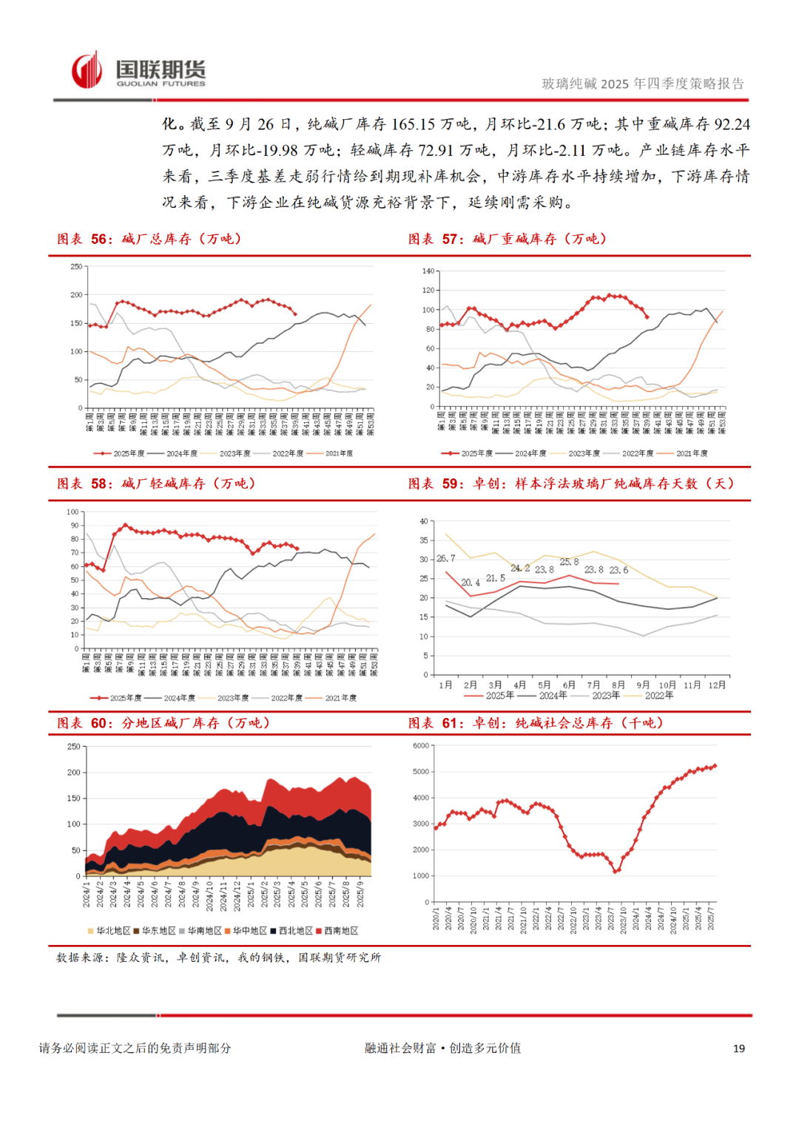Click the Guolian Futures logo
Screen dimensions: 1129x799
point(139,72)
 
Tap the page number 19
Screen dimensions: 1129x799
point(738,1048)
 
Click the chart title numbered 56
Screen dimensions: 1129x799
point(149,239)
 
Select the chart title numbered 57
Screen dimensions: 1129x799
point(508,239)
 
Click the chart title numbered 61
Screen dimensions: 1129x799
point(536,723)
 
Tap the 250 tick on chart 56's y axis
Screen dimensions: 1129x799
point(76,267)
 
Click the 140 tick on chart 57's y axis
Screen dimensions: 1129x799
point(428,271)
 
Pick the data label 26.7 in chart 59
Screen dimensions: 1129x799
point(446,559)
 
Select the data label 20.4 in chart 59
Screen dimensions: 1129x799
point(471,583)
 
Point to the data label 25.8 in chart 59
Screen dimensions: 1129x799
point(569,563)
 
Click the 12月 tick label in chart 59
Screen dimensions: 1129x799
point(717,685)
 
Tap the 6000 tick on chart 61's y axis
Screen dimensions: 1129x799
point(421,746)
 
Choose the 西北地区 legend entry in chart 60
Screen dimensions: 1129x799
point(295,931)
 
